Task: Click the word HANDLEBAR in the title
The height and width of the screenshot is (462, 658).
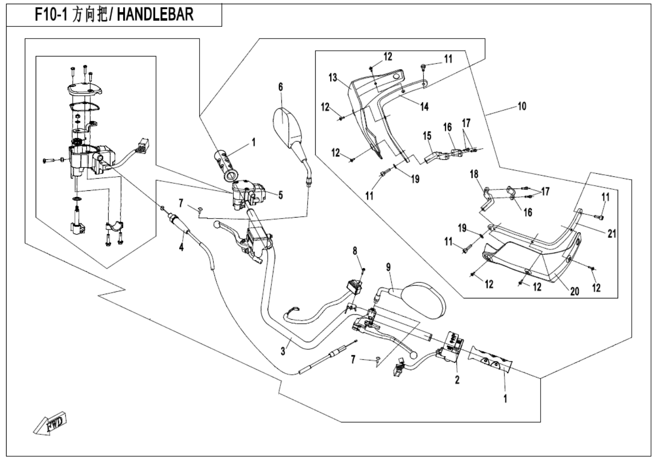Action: pyautogui.click(x=155, y=15)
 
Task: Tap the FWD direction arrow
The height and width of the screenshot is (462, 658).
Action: pyautogui.click(x=50, y=424)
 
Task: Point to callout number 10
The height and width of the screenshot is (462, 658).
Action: pyautogui.click(x=522, y=106)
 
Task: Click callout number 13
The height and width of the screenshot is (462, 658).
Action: pyautogui.click(x=333, y=78)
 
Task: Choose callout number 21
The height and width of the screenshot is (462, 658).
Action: pyautogui.click(x=611, y=233)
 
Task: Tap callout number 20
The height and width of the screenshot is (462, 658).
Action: pyautogui.click(x=574, y=291)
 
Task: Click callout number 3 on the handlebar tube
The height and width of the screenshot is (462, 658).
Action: pyautogui.click(x=283, y=351)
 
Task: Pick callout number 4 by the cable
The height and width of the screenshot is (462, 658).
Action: pyautogui.click(x=181, y=247)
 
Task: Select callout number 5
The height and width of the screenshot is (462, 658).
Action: pyautogui.click(x=280, y=195)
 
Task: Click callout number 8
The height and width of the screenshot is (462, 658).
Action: pyautogui.click(x=356, y=251)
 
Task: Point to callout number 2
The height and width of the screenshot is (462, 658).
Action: pyautogui.click(x=457, y=380)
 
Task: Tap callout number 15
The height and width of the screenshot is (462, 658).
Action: pyautogui.click(x=427, y=136)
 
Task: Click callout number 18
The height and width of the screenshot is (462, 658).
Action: pyautogui.click(x=474, y=174)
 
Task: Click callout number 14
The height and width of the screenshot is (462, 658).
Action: pyautogui.click(x=424, y=107)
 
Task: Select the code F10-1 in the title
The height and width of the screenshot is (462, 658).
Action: pyautogui.click(x=52, y=15)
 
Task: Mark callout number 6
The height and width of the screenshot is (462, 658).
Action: pyautogui.click(x=281, y=86)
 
